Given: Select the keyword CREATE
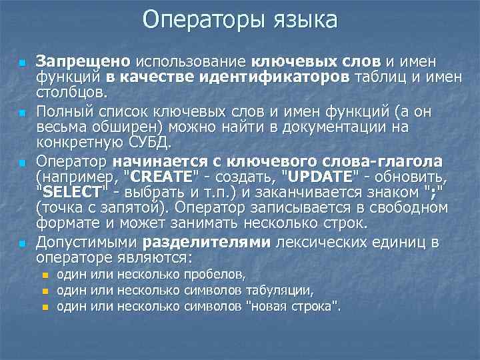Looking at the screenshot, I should pyautogui.click(x=161, y=177).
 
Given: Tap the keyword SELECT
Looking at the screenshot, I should pyautogui.click(x=71, y=192).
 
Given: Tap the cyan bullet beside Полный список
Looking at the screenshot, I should pyautogui.click(x=22, y=112).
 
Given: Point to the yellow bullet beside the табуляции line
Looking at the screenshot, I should pyautogui.click(x=45, y=291).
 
